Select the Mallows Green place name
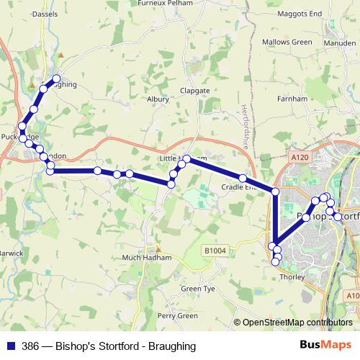pyautogui.click(x=287, y=42)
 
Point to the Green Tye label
pyautogui.click(x=198, y=289)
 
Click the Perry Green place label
pyautogui.click(x=178, y=315)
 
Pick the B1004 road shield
pyautogui.click(x=214, y=251)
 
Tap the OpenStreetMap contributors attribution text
pyautogui.click(x=297, y=323)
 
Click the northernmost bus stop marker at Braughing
pyautogui.click(x=56, y=79)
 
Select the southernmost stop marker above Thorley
pyautogui.click(x=274, y=262)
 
